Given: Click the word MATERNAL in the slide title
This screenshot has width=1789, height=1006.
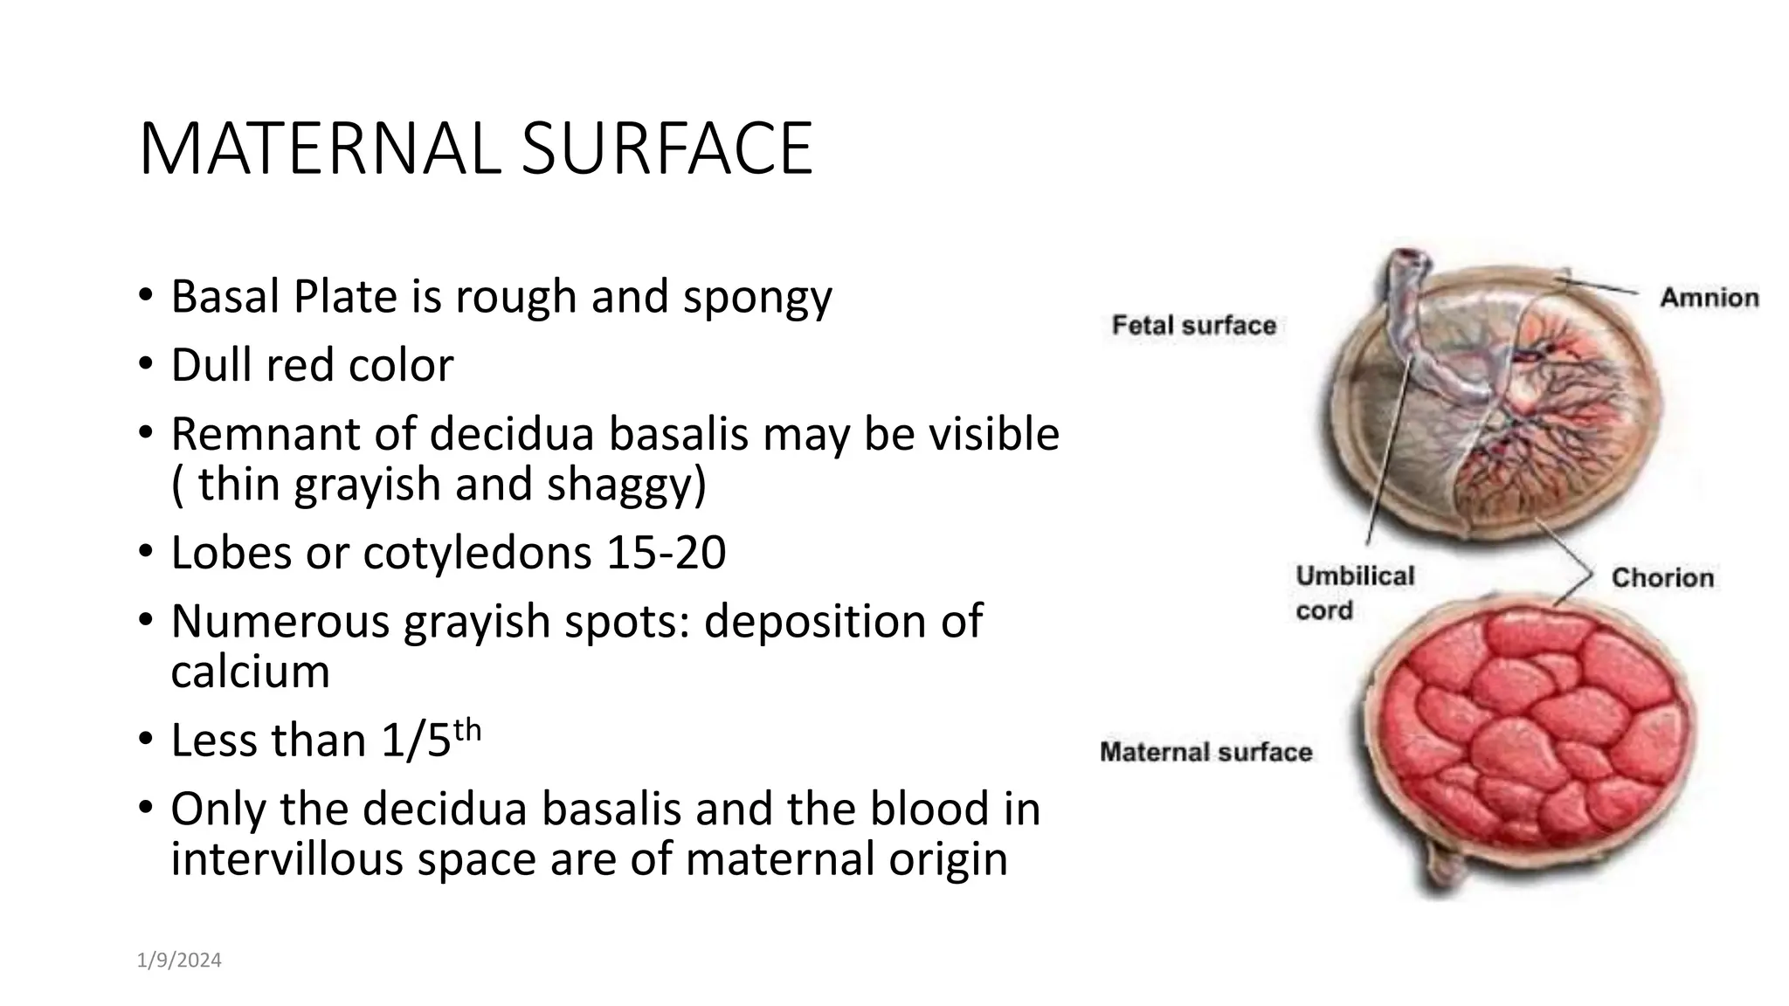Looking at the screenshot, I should [319, 150].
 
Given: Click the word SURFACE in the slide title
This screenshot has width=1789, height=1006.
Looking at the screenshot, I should [667, 150].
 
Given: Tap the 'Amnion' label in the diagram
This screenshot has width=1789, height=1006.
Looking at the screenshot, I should [1709, 298].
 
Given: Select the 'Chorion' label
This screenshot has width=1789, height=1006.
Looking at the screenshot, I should [1661, 577].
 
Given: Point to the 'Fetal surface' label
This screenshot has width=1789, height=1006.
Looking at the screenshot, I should [1193, 326].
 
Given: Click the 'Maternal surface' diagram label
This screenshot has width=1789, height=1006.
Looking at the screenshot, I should [1205, 752].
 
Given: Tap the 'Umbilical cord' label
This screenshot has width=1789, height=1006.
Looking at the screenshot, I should [1354, 593].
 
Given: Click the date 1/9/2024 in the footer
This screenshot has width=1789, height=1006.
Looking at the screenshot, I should [179, 961].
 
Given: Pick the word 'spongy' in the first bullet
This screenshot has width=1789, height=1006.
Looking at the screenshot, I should [757, 297].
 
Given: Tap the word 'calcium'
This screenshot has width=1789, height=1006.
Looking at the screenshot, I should [250, 671].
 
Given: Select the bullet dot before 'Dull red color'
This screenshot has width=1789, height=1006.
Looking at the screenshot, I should [144, 365].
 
